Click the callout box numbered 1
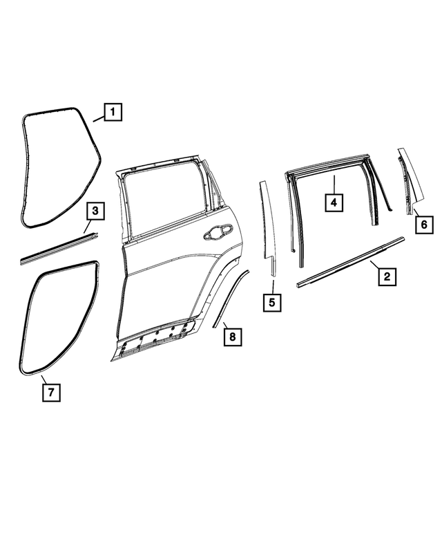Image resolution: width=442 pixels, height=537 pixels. coord(113,112)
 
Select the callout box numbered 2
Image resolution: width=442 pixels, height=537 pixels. coord(387,276)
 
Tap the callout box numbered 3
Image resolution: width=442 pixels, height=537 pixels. coord(95,211)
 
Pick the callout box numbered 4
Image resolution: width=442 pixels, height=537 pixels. coord(334,202)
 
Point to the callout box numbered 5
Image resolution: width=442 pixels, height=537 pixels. coord(272,303)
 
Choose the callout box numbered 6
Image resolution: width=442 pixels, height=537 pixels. coord(424,225)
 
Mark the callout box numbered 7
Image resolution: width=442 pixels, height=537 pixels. coord(51,393)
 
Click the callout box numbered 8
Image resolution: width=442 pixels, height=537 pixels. coord(233,337)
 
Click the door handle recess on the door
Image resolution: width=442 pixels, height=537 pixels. coord(218,232)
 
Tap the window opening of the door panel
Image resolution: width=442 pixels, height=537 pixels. coord(164,201)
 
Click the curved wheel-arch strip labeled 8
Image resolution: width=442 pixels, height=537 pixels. coord(230,297)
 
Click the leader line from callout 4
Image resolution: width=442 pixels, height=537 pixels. coord(334,185)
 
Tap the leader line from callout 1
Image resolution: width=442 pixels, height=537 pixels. coord(99,119)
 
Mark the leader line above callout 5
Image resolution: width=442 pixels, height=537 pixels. coord(273,287)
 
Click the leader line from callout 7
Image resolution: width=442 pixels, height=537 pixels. coord(44,379)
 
